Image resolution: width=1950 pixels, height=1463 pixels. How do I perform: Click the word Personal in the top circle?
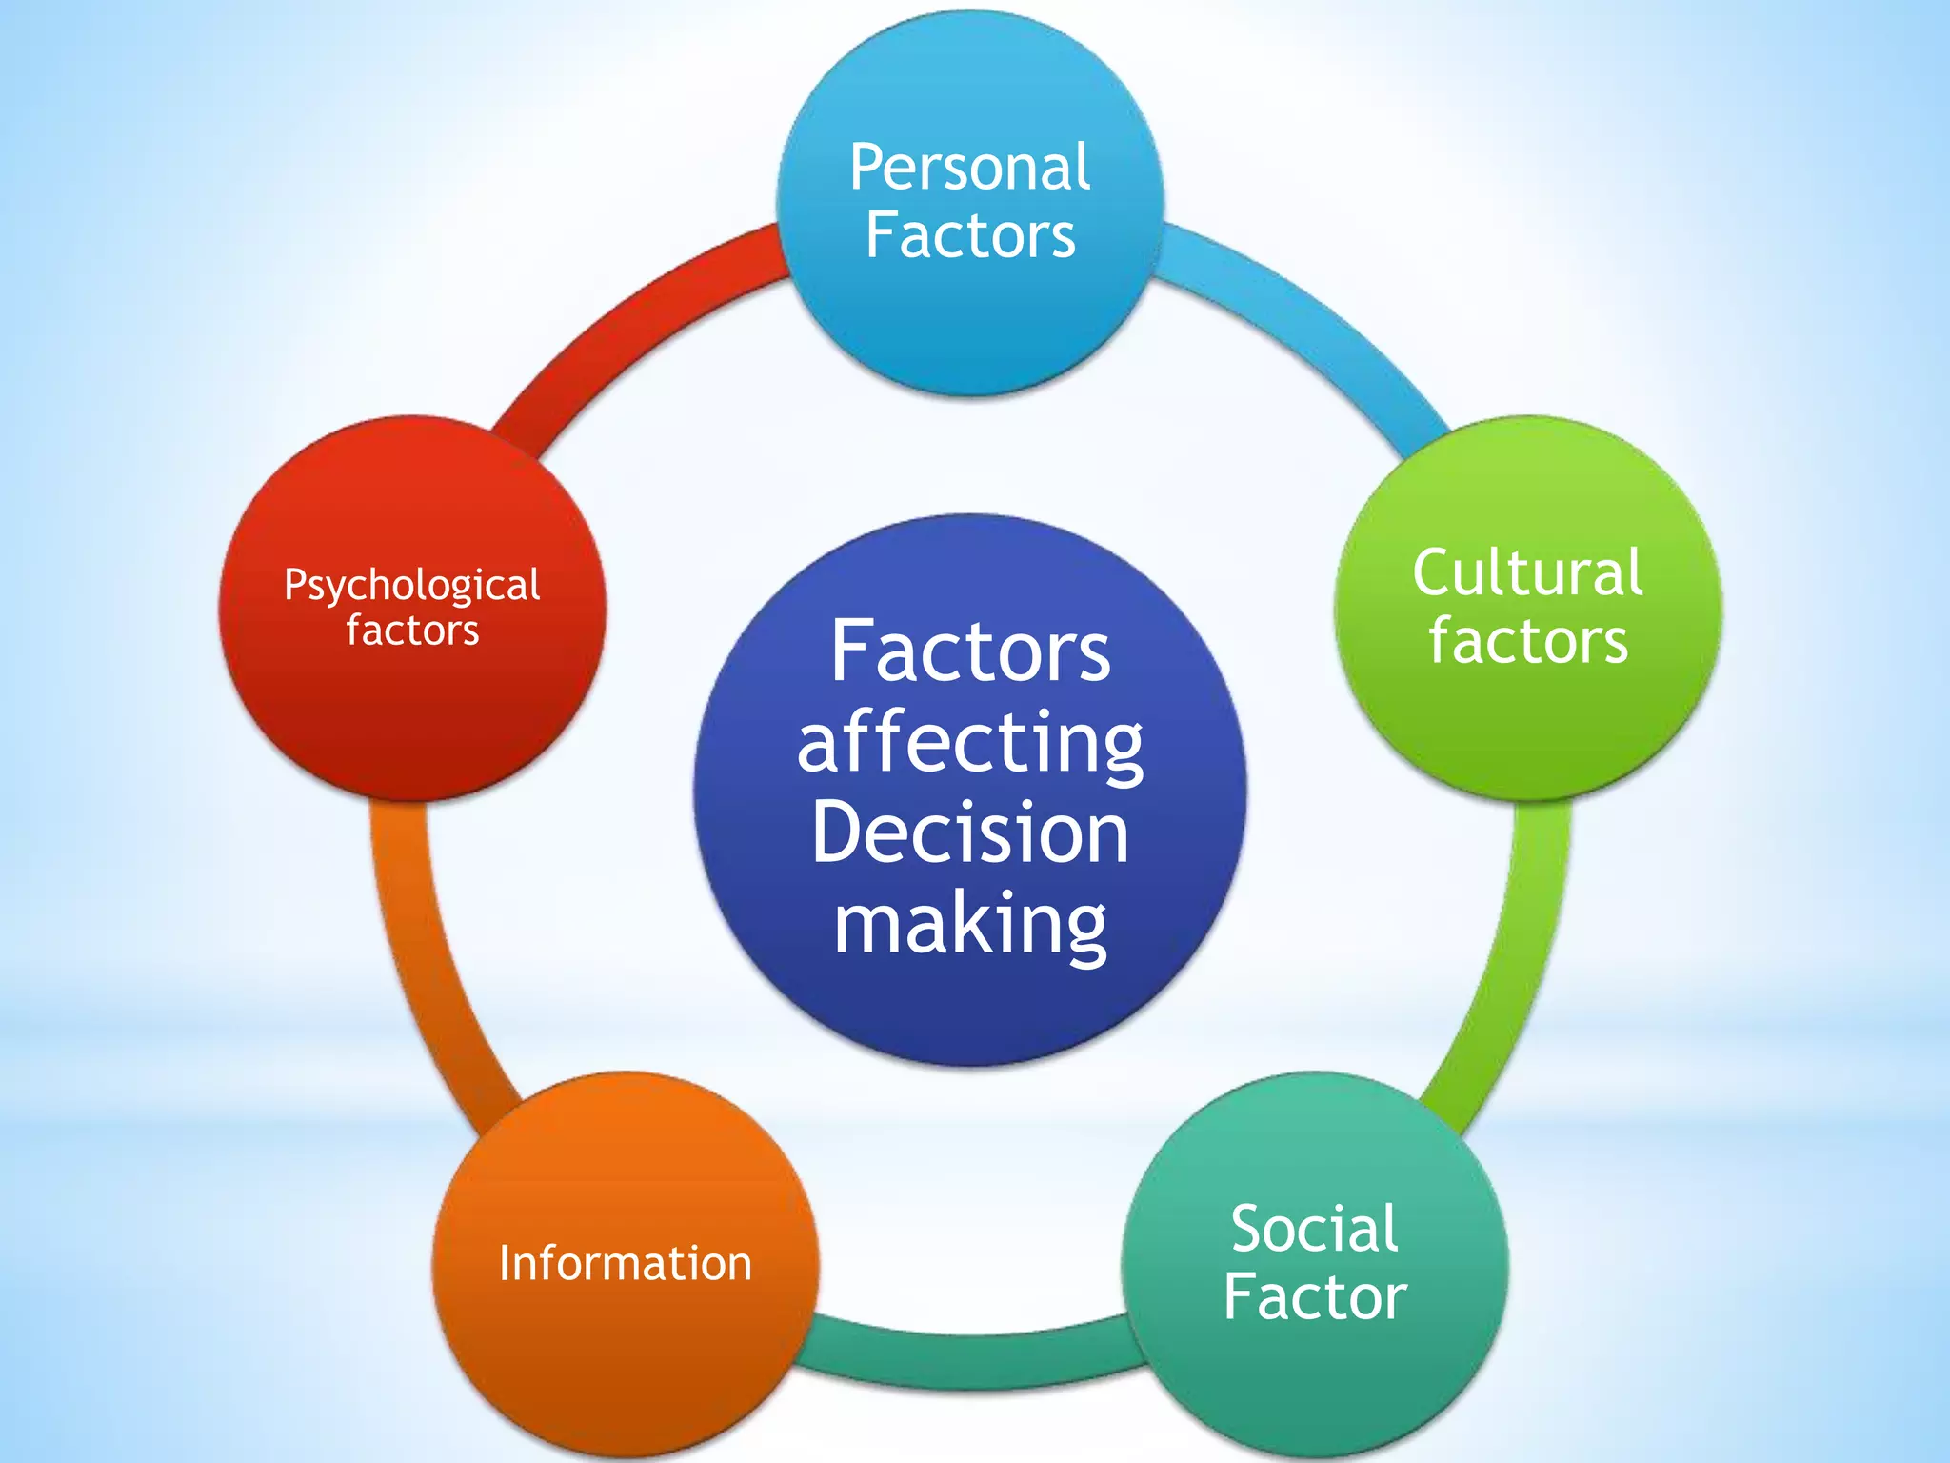[x=969, y=169]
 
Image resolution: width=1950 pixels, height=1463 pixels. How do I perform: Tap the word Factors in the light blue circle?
[x=970, y=236]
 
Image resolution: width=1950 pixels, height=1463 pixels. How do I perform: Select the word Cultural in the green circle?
[x=1527, y=573]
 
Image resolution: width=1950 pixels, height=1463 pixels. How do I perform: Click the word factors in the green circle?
[x=1528, y=641]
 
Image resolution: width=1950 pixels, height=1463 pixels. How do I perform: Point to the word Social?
[x=1314, y=1229]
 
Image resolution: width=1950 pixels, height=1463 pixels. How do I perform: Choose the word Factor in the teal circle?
[x=1315, y=1297]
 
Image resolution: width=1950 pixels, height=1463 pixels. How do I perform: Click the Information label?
[x=626, y=1264]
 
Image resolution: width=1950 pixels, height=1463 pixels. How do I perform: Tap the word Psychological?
[x=412, y=586]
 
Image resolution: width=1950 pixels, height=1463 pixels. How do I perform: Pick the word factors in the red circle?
[x=412, y=631]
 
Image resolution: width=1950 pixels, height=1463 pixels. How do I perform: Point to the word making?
[x=969, y=923]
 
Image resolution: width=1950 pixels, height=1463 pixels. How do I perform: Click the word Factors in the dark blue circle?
[x=969, y=652]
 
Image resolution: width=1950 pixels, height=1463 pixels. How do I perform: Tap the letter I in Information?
[x=506, y=1263]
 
